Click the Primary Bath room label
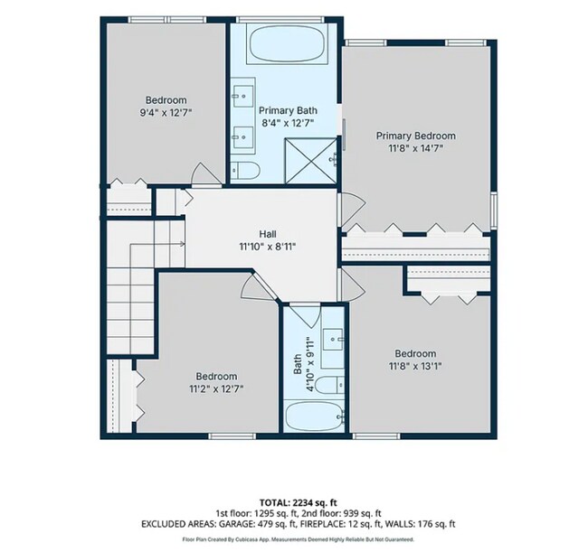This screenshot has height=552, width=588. (288, 110)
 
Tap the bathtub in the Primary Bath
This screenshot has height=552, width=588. (287, 44)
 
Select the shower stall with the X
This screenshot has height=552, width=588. (311, 161)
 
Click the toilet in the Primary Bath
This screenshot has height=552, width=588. (245, 171)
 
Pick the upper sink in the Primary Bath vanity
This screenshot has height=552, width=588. (242, 97)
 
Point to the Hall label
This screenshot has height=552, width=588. (268, 234)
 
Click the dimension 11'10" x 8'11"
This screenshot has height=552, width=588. (268, 247)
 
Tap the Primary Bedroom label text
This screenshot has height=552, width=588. (416, 136)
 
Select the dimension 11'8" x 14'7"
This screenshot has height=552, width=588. (416, 148)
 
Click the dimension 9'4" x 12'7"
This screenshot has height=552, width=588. (166, 113)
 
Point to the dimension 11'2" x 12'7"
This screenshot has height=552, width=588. (216, 389)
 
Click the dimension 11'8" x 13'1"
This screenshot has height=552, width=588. (415, 366)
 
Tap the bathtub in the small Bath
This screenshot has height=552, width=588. (314, 416)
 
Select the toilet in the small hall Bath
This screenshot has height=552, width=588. (329, 385)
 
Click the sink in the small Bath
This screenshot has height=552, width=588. (333, 340)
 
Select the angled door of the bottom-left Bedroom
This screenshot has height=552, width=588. (259, 285)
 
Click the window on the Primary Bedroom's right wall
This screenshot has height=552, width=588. (494, 211)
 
